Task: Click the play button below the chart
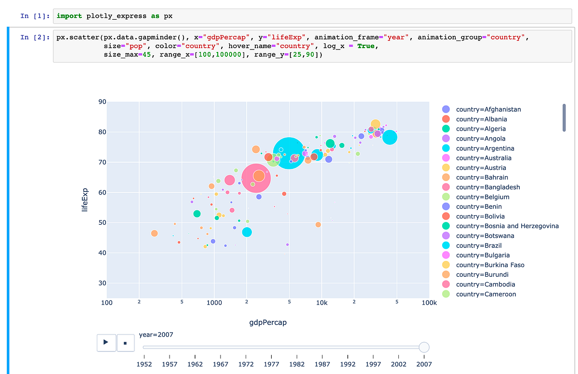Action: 105,343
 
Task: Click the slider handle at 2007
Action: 424,347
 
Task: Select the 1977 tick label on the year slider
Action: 272,364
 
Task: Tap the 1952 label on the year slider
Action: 144,364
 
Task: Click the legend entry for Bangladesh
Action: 488,187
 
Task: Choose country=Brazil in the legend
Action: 479,245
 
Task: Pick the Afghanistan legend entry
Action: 488,109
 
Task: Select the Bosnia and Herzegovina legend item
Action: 507,226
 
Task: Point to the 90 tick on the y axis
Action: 102,102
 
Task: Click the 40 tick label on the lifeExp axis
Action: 102,253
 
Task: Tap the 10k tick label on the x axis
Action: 322,303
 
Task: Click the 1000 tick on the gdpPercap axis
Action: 214,303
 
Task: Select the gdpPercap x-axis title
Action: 268,322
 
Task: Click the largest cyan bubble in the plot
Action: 289,153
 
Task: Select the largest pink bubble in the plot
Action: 256,178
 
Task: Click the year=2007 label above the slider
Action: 156,335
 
